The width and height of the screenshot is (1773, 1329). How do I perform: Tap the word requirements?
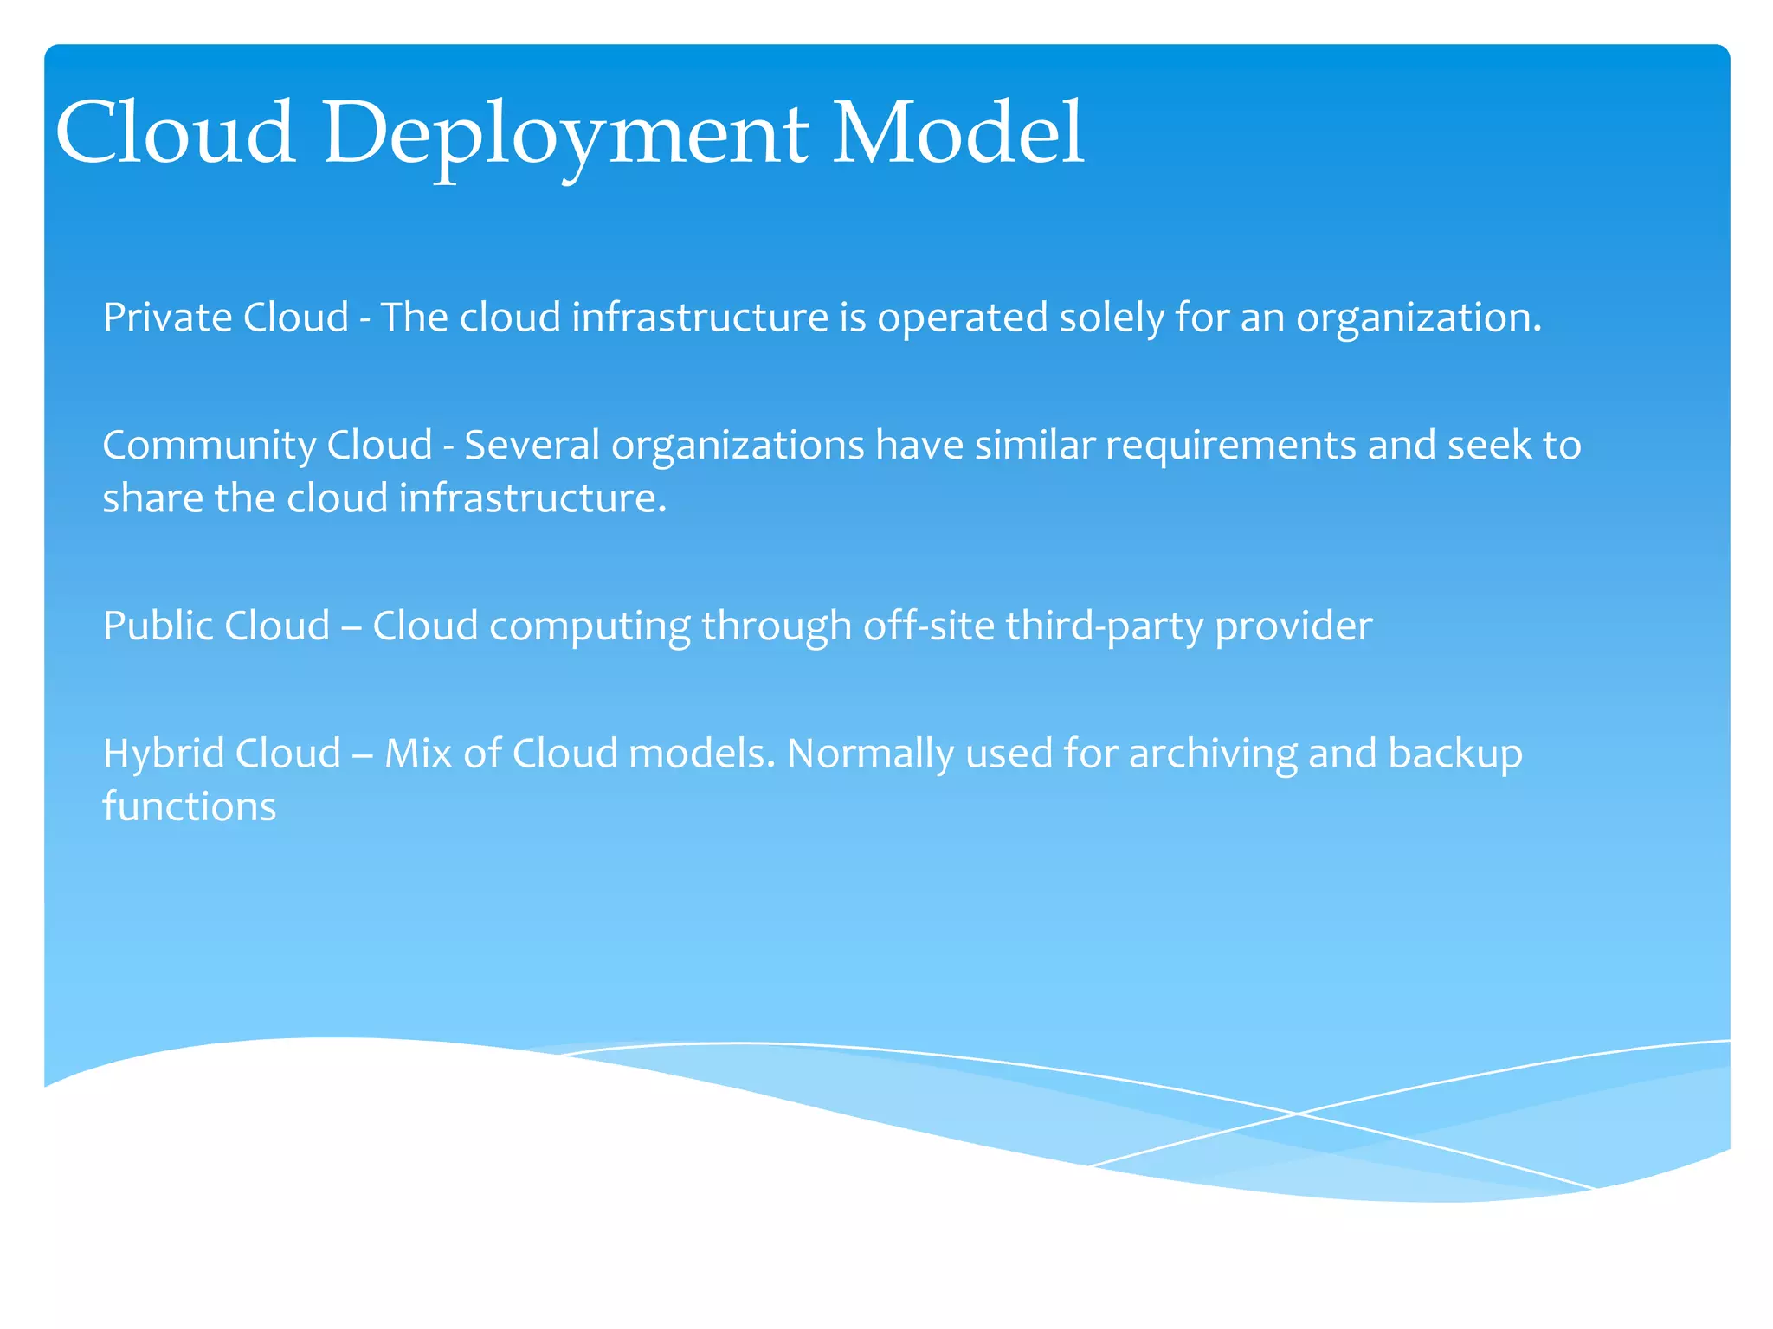point(1230,446)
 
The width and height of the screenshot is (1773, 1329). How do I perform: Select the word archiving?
point(1212,754)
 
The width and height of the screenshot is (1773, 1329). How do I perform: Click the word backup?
point(1455,754)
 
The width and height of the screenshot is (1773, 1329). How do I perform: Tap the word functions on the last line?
point(189,806)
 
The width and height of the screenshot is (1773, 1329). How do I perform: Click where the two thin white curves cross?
point(1295,1113)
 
